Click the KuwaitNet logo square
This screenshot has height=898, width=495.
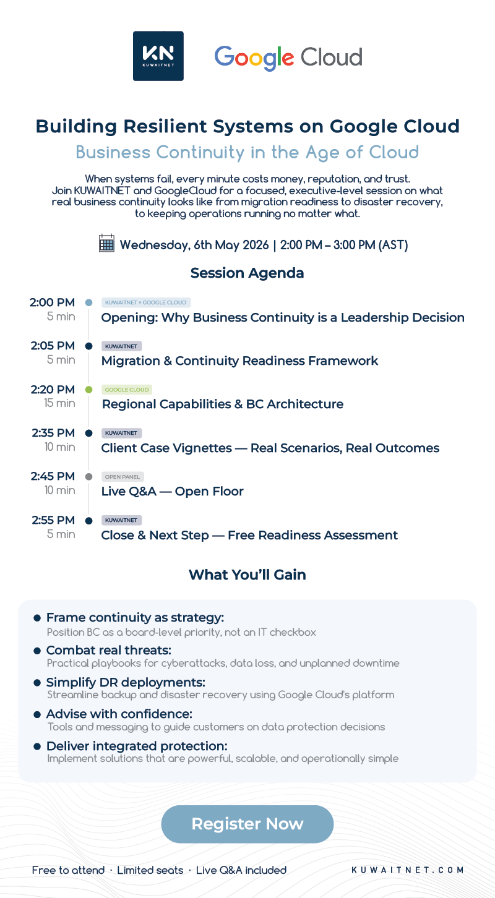[158, 56]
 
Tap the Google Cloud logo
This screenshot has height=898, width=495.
[288, 58]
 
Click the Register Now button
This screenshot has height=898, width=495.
[247, 824]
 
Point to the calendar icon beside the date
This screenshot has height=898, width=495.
[106, 243]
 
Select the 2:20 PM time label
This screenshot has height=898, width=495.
[53, 389]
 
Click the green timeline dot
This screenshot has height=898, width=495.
[88, 389]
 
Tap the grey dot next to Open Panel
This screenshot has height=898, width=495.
[88, 477]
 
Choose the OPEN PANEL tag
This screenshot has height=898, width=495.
[123, 477]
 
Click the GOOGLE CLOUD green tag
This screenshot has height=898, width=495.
[127, 389]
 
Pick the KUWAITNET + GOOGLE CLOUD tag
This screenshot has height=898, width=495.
[145, 302]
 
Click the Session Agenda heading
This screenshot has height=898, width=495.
[247, 273]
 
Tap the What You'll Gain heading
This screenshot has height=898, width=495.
[247, 575]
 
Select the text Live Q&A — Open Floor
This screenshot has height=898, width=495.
[172, 491]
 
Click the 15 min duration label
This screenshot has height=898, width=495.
[59, 403]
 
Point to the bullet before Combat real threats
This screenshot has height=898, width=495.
[37, 651]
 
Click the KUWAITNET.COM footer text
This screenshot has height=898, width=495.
[408, 870]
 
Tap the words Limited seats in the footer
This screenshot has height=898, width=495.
[150, 870]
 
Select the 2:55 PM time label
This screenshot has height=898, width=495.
[53, 520]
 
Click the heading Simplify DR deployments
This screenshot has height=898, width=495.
[126, 682]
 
